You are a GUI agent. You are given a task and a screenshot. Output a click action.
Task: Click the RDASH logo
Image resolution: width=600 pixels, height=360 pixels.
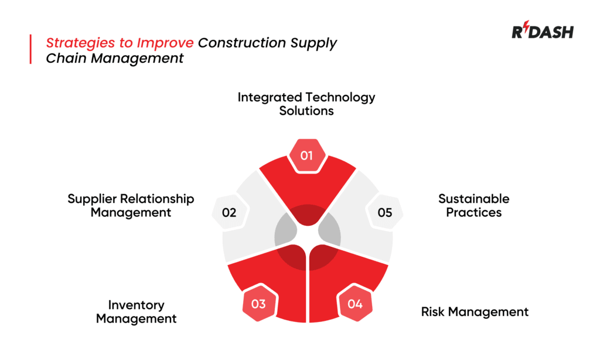[542, 32]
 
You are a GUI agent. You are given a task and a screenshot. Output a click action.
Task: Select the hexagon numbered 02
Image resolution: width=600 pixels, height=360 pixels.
[229, 212]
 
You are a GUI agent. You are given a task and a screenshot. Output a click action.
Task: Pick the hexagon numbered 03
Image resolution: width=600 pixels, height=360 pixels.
[258, 304]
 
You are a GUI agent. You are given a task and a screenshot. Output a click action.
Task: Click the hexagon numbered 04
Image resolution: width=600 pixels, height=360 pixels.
[355, 304]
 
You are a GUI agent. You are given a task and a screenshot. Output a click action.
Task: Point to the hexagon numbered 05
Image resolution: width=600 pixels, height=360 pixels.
[385, 212]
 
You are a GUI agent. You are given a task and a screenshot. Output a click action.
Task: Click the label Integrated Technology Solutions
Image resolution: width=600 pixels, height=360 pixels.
[306, 104]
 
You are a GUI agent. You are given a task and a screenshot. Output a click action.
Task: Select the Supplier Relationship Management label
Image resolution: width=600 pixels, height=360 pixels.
[131, 205]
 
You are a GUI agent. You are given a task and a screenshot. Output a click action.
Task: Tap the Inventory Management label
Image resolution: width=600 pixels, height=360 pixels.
[136, 312]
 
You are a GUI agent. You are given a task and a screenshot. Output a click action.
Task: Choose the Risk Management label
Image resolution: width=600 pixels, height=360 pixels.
[475, 311]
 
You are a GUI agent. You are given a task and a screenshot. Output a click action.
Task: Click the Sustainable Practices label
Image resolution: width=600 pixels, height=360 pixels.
[474, 205]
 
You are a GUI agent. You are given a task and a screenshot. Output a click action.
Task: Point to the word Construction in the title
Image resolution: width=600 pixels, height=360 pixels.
[241, 43]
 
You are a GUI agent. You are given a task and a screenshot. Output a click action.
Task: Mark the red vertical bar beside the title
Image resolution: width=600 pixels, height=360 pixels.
[30, 49]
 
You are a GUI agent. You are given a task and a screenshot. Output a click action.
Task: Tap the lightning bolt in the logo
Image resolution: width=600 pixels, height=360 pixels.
[525, 30]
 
